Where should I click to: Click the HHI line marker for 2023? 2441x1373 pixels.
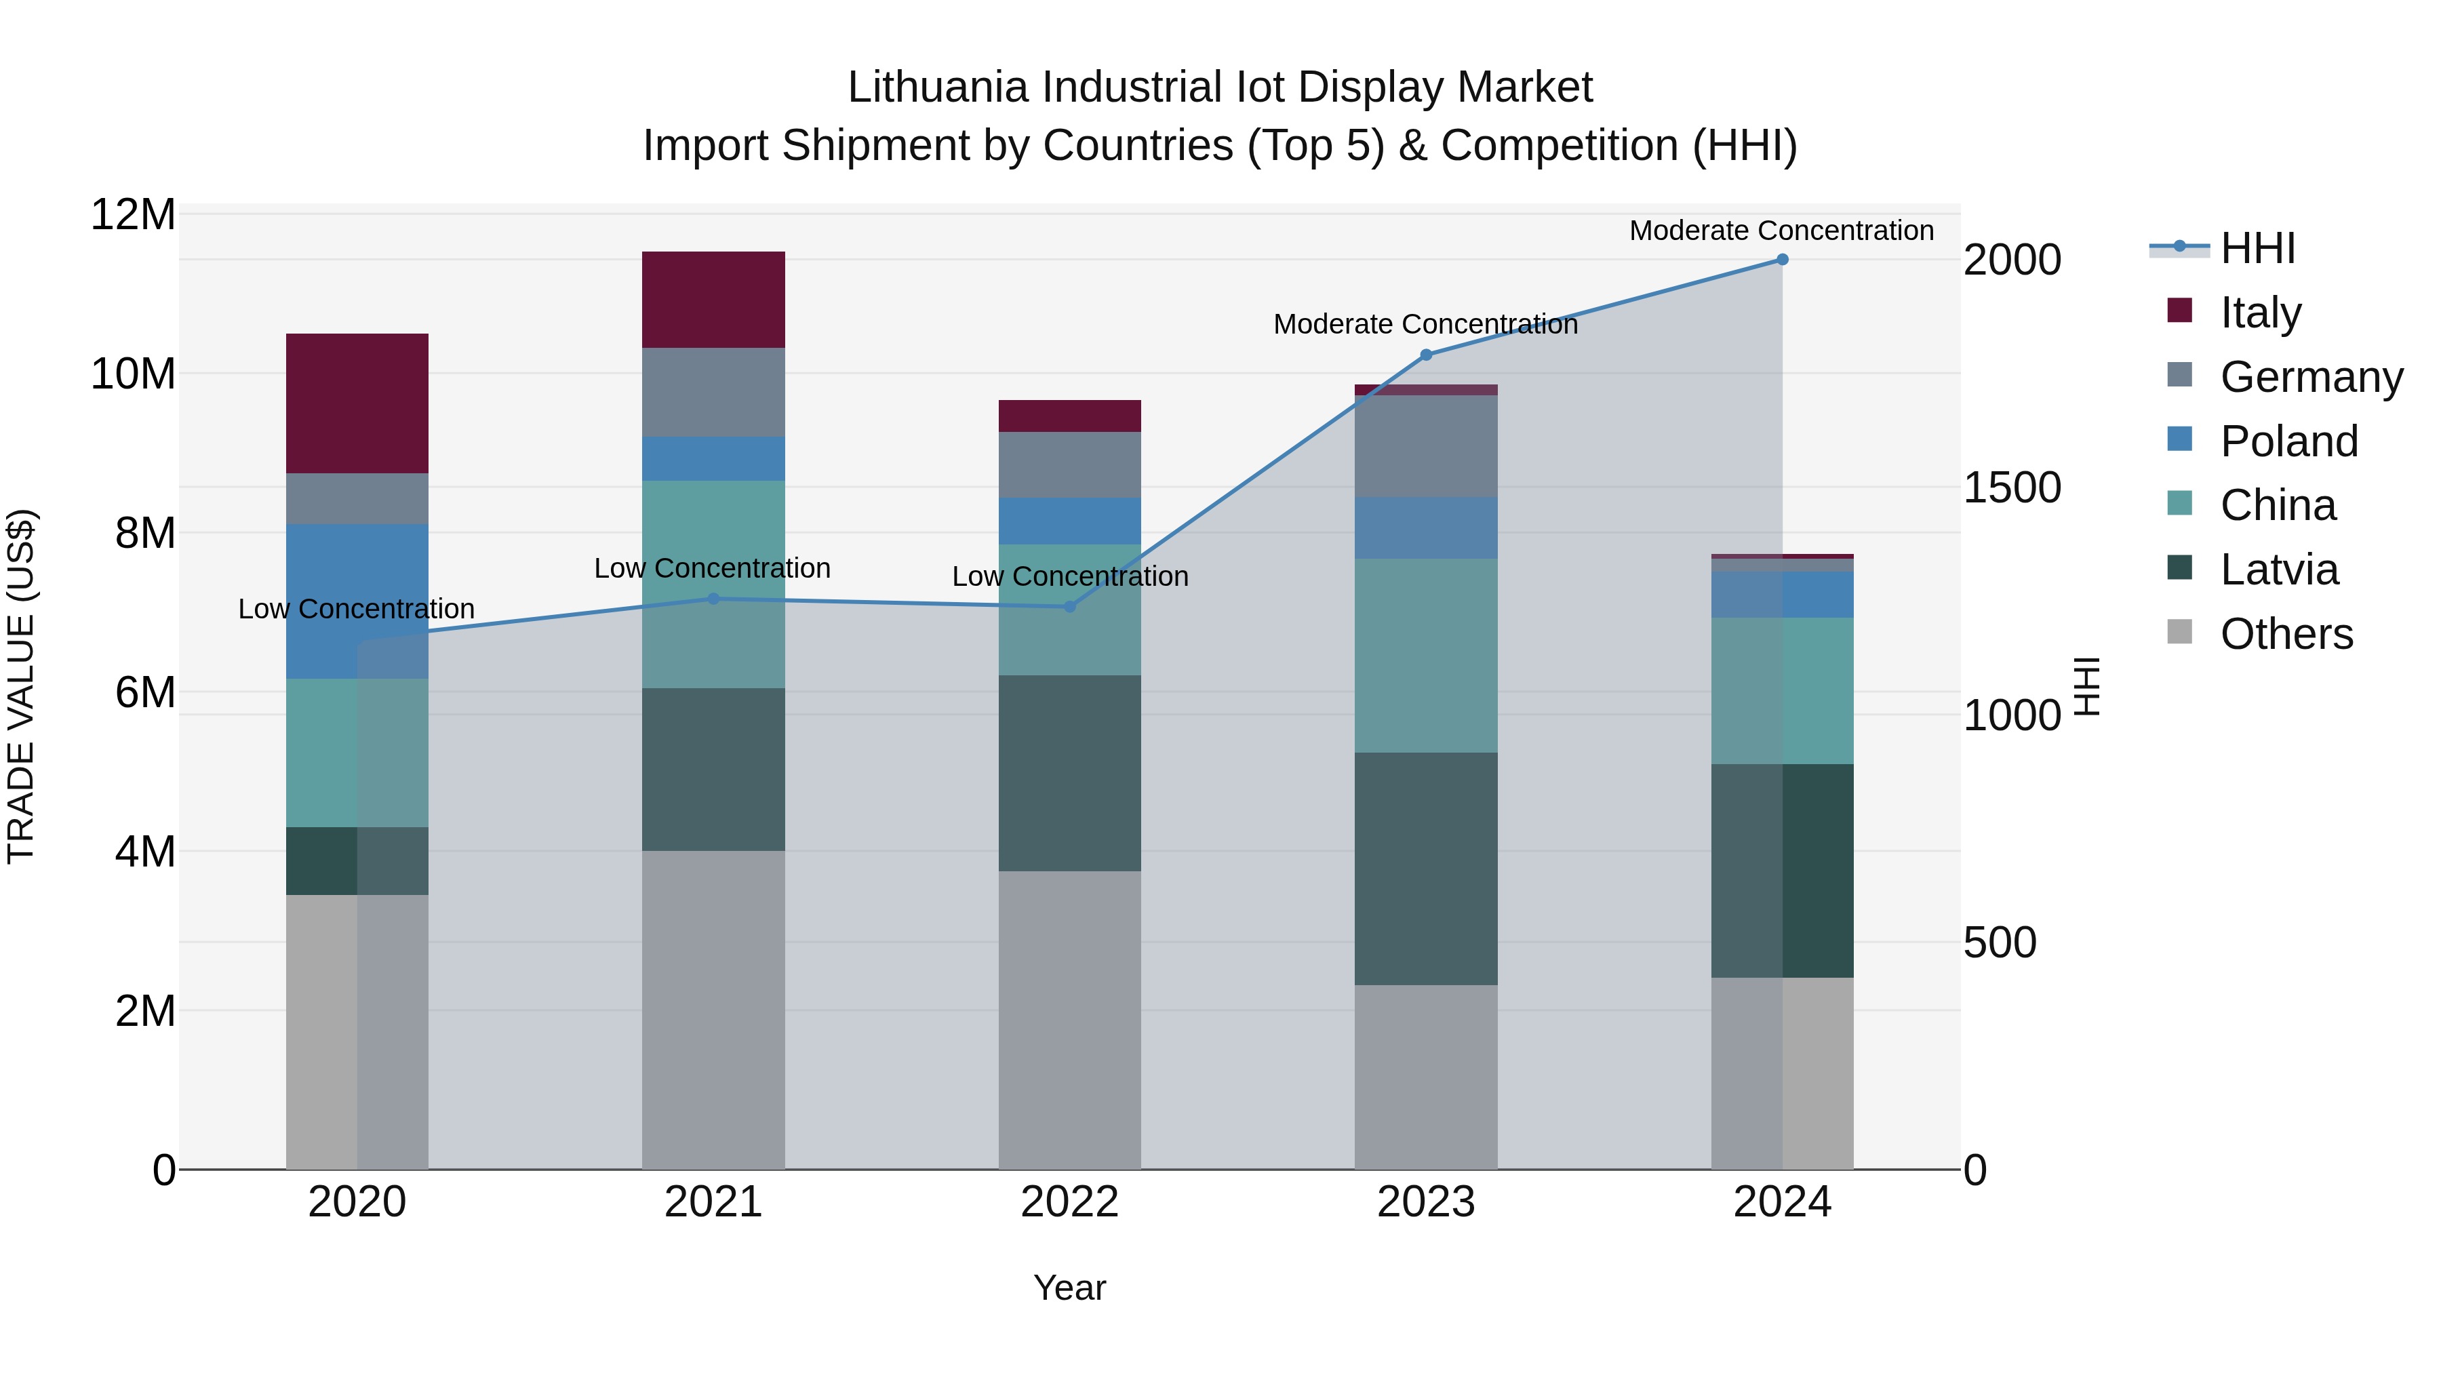(x=1425, y=355)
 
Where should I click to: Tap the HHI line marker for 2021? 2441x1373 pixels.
(x=713, y=599)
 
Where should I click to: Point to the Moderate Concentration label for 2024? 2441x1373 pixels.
(x=1781, y=231)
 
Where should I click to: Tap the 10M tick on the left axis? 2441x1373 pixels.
(x=133, y=374)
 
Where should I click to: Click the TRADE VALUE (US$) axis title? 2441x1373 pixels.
(x=21, y=686)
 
